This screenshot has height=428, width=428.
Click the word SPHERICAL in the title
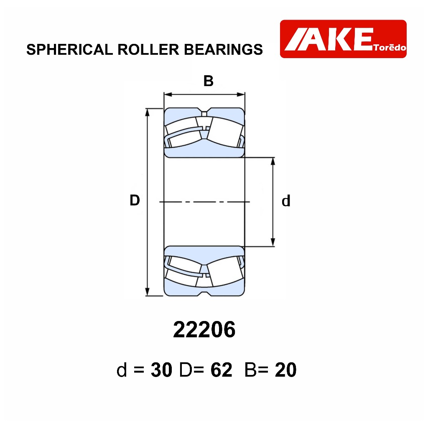(x=70, y=49)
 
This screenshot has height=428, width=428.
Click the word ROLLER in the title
(x=148, y=49)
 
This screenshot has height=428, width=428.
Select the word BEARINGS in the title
(x=223, y=49)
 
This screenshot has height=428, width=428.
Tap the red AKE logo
(x=343, y=39)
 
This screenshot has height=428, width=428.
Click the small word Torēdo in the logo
(x=390, y=48)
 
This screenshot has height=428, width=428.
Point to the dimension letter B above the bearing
(x=209, y=81)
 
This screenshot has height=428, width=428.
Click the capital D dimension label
(x=135, y=200)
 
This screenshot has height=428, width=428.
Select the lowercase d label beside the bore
(x=286, y=201)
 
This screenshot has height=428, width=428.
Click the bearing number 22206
(x=204, y=329)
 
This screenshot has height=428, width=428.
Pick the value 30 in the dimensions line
(x=162, y=370)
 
